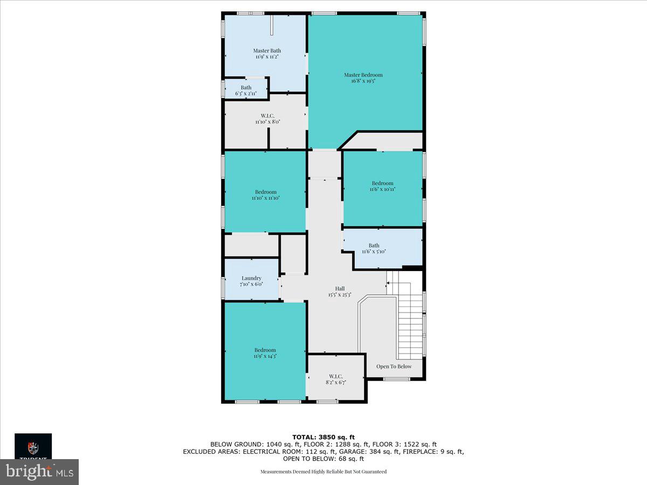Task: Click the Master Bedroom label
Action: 363,75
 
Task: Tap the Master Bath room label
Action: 267,51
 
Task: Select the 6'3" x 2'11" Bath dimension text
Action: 246,94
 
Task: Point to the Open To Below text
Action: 394,366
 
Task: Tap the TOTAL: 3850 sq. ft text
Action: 323,437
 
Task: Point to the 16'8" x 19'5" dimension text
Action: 363,81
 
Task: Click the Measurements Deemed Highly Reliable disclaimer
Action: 323,472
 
